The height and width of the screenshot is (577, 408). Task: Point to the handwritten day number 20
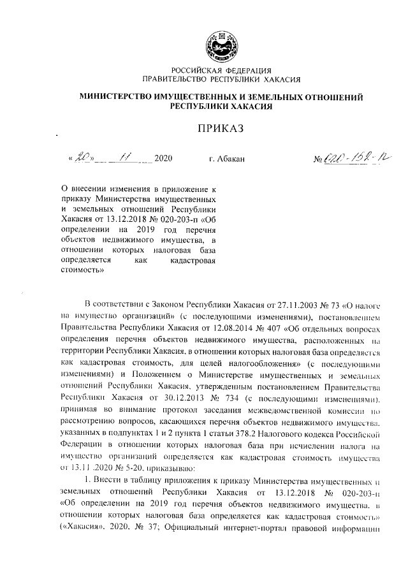[x=84, y=156]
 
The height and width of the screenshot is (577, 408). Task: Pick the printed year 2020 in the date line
[x=164, y=157]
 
